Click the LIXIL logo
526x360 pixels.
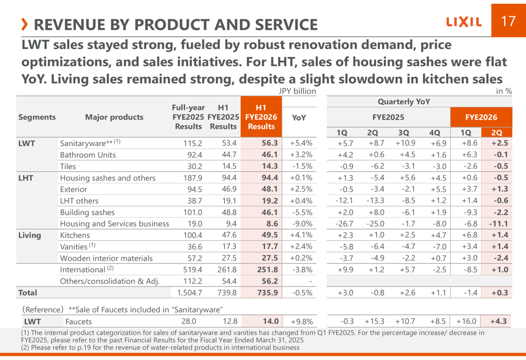coord(463,22)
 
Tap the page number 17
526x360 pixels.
coord(508,21)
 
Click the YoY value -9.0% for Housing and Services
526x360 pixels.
coord(301,224)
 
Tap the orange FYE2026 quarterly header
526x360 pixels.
coord(481,117)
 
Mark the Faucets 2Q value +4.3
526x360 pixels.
coord(498,322)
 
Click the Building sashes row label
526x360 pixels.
coord(87,212)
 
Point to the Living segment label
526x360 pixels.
coord(29,235)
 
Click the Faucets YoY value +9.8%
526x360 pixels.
coord(301,322)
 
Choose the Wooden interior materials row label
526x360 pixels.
coord(106,258)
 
